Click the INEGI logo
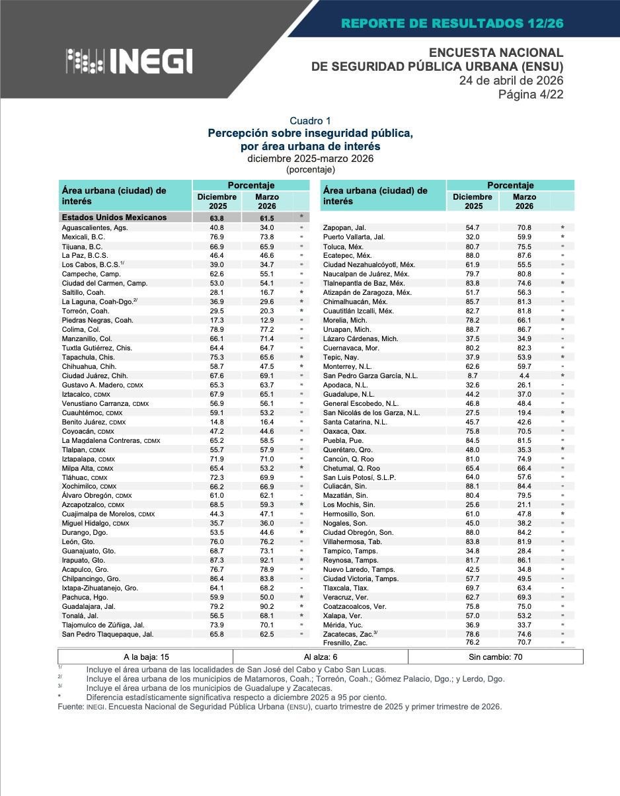tap(129, 61)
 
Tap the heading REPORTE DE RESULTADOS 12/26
tap(452, 24)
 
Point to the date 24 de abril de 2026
tap(511, 80)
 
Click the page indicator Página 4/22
tap(531, 94)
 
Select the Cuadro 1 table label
tap(310, 121)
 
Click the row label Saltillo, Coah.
tap(83, 292)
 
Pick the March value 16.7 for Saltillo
tap(267, 292)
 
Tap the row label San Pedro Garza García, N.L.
tap(370, 376)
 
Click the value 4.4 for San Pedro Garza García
tap(524, 376)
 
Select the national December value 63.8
tap(217, 218)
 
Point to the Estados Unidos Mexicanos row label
tap(114, 218)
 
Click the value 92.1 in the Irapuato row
tap(267, 560)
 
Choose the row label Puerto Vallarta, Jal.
tap(354, 237)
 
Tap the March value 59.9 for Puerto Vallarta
tap(524, 237)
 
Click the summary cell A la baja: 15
tap(146, 657)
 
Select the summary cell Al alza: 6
tap(321, 657)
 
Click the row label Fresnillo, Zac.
tap(345, 643)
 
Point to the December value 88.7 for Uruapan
tap(473, 329)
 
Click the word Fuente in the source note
tap(70, 707)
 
